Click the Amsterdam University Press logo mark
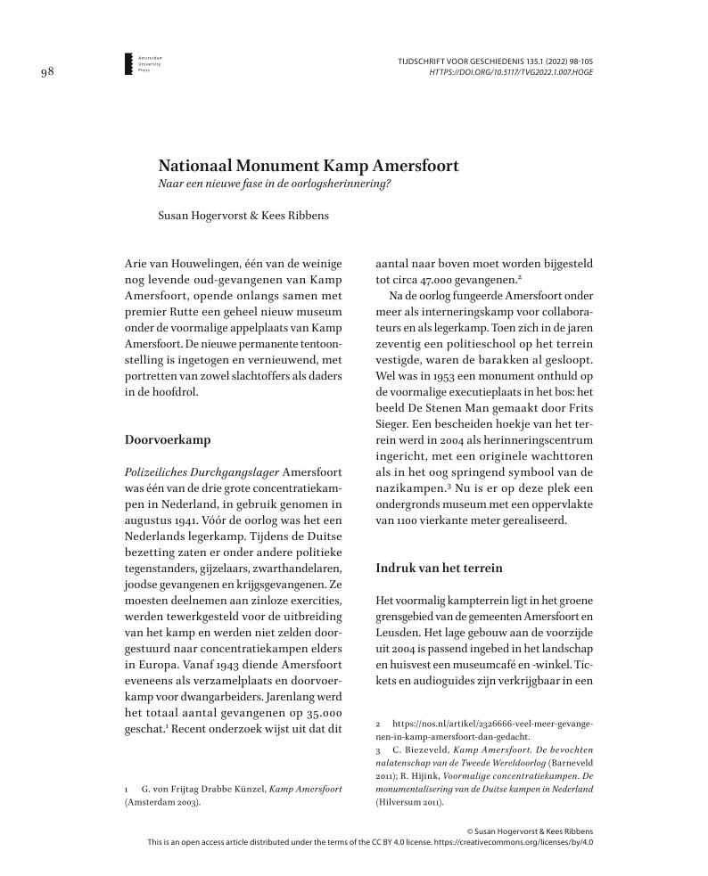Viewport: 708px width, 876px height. tap(128, 62)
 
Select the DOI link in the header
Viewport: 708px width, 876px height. tap(511, 71)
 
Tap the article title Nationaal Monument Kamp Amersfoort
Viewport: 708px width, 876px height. tap(309, 166)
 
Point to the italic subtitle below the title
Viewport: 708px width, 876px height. tap(275, 184)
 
